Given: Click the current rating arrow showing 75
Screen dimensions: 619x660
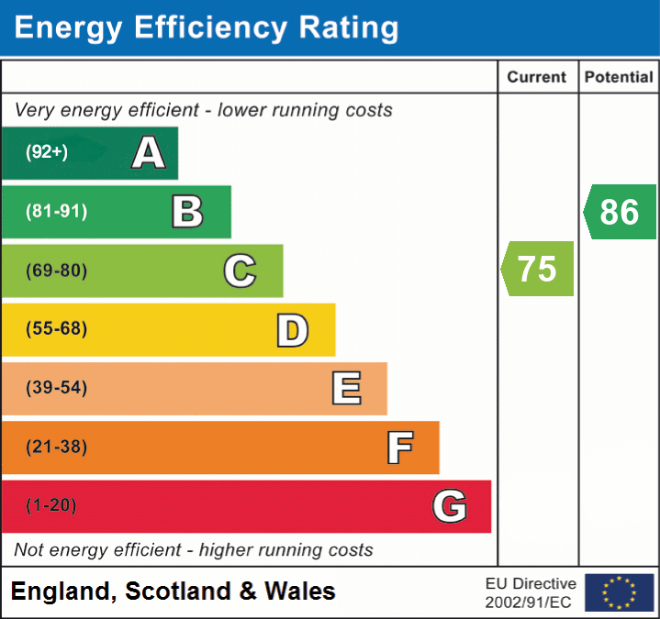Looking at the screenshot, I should tap(538, 269).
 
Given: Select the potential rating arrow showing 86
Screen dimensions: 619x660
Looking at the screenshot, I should tap(620, 212).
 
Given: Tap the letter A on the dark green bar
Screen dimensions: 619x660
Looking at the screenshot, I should tap(149, 153).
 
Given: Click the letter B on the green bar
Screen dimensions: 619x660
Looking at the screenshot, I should tap(187, 212).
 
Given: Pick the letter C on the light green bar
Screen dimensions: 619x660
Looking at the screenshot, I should tap(240, 271).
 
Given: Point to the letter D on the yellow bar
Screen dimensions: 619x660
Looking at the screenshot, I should tap(292, 330).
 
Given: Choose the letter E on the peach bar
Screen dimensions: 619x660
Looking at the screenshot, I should tap(346, 389).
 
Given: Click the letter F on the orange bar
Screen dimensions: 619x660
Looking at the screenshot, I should tap(399, 448).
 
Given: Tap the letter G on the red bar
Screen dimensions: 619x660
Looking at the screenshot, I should tap(450, 506).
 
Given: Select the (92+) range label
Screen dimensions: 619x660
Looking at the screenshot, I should tap(47, 153).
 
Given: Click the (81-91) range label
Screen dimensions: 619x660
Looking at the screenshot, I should tap(57, 212).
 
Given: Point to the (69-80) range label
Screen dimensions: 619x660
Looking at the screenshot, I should tap(57, 271).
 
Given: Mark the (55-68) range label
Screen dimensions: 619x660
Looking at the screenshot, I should tap(57, 329).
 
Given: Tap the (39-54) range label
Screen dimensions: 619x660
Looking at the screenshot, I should tap(57, 388).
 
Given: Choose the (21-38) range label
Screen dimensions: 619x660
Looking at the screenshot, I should tap(57, 448).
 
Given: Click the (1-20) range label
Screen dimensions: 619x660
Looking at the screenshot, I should tap(51, 506).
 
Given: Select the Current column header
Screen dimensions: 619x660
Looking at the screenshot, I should tap(538, 78).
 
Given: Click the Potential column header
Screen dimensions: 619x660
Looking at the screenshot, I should tap(619, 78).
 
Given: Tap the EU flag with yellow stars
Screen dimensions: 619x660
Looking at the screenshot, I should tap(620, 592).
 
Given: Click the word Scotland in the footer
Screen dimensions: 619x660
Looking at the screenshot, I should tap(179, 591).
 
